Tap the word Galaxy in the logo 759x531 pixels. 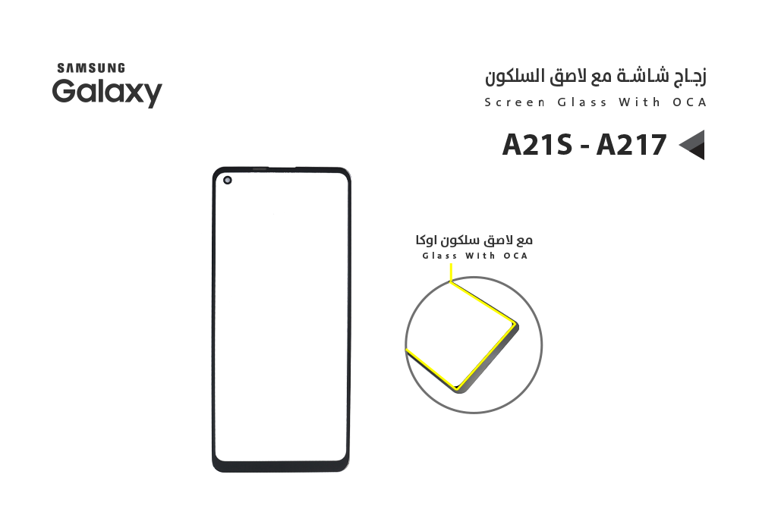tap(107, 93)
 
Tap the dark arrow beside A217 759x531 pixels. tap(691, 145)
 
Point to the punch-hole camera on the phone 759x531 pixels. tap(226, 180)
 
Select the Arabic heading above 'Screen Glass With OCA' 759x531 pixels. tap(596, 77)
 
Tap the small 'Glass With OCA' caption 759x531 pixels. tap(474, 256)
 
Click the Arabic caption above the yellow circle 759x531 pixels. tap(474, 240)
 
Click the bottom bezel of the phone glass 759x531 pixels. tap(281, 464)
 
